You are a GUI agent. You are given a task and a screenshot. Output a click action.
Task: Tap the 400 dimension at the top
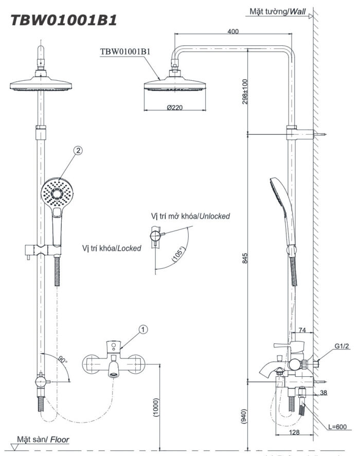(x=232, y=32)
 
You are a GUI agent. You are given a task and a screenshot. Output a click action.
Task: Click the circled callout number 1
(x=143, y=328)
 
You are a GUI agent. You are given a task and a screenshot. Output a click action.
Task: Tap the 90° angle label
(x=62, y=359)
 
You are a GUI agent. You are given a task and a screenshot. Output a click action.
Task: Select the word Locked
(x=129, y=248)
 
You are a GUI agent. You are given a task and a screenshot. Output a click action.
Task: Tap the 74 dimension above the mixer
(x=302, y=330)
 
